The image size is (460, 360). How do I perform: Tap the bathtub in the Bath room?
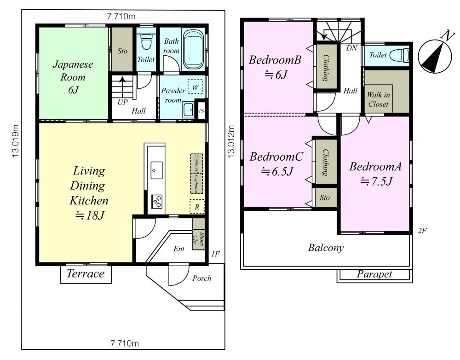click(x=193, y=49)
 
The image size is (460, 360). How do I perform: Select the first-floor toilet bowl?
click(x=146, y=42)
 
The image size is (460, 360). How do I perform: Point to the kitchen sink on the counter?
click(x=157, y=170)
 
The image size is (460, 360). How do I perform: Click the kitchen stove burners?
click(x=157, y=202)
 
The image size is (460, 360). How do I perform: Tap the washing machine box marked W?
click(x=195, y=87)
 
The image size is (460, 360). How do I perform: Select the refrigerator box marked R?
click(x=197, y=207)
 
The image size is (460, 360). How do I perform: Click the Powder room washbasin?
click(x=188, y=110)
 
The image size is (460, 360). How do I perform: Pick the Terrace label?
click(x=86, y=273)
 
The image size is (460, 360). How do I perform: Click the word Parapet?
click(x=374, y=274)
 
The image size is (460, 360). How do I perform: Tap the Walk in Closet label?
click(x=379, y=99)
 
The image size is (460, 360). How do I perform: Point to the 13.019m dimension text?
click(x=16, y=141)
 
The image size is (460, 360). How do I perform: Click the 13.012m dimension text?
click(x=231, y=141)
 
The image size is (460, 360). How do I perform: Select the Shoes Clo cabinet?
click(x=199, y=234)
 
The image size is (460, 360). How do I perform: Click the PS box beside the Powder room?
click(x=201, y=111)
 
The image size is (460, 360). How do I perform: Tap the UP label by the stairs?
click(x=123, y=103)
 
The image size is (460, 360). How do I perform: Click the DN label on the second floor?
click(x=351, y=48)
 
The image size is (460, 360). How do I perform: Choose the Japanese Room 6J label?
click(x=73, y=77)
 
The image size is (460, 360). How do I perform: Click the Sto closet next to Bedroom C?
click(x=324, y=197)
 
